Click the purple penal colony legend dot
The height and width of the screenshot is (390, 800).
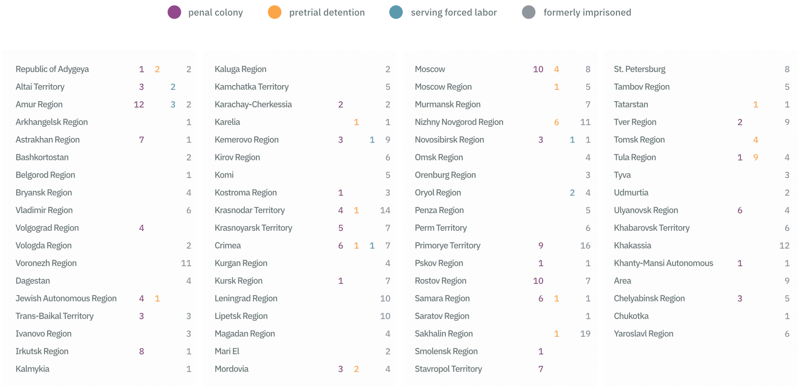174,13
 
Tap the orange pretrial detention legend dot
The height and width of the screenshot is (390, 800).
275,13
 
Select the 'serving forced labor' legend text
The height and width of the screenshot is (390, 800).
454,13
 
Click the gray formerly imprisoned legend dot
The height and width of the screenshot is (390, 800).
528,13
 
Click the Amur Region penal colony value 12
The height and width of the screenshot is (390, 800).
139,104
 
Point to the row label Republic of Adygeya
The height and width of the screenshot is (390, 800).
52,69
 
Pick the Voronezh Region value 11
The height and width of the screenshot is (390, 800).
186,263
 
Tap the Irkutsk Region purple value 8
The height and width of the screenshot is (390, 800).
142,351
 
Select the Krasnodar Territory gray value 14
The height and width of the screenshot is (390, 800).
385,210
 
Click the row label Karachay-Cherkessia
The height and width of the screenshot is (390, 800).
253,104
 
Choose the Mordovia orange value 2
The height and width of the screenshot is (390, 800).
356,369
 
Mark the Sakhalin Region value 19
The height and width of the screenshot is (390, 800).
585,334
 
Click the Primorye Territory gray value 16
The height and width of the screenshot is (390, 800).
585,246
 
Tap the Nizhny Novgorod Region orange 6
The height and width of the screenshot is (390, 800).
557,122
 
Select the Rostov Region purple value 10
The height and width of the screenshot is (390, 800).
538,281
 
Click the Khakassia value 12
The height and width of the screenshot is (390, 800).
784,246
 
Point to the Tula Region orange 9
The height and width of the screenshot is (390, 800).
756,157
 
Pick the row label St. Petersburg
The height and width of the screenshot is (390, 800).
639,69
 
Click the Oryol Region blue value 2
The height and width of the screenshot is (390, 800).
572,193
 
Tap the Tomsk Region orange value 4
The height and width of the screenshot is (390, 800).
756,140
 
